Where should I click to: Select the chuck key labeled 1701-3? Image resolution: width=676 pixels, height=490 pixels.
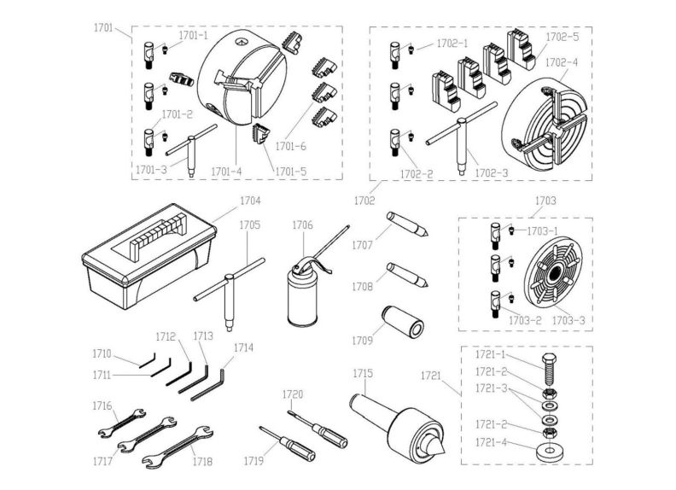point(192,149)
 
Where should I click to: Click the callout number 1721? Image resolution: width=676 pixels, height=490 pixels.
point(431,375)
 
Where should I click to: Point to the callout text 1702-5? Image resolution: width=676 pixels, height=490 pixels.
point(562,38)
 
